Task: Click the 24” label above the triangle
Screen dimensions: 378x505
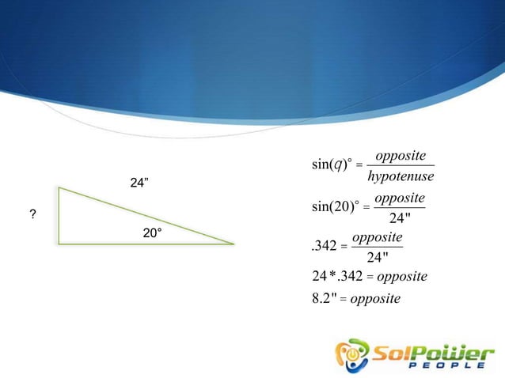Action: pos(140,183)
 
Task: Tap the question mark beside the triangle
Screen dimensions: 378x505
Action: pos(32,215)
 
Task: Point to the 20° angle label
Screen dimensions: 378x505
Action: pos(152,234)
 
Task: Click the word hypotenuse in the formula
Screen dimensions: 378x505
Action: pos(401,175)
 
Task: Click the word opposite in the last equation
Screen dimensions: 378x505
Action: pos(375,298)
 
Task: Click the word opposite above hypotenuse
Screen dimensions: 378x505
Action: pos(401,154)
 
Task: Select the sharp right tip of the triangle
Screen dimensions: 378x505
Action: pos(234,244)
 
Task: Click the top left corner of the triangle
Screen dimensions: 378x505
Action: pos(59,188)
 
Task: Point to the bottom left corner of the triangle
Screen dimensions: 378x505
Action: pos(59,244)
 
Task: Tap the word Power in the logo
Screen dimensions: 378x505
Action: pos(446,350)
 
